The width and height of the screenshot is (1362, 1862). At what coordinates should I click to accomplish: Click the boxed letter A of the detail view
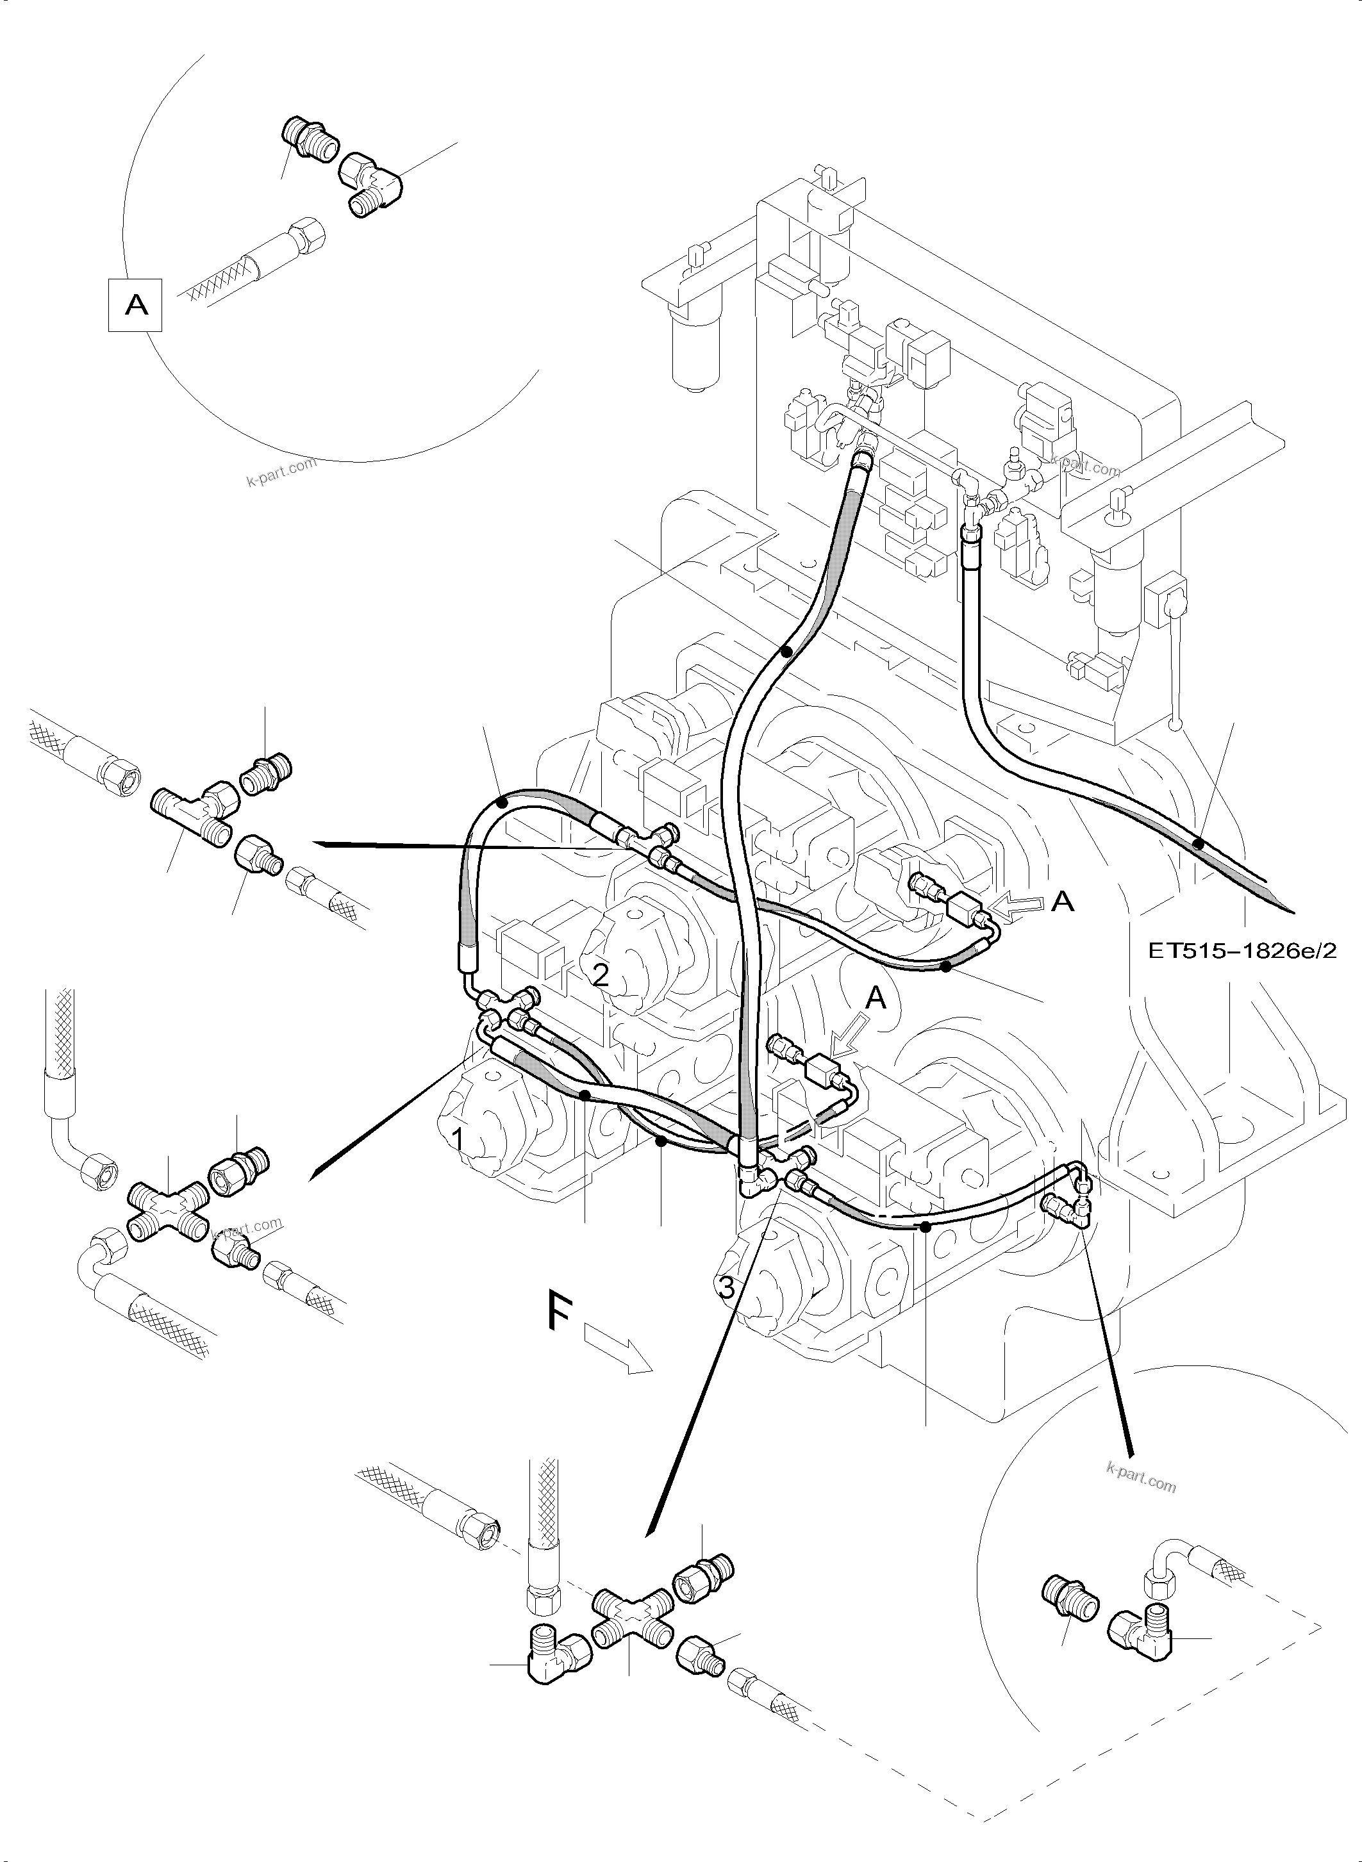coord(135,306)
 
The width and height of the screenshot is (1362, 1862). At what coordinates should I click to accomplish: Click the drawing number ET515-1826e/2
coord(1242,950)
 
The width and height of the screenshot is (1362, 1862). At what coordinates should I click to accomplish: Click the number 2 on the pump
coord(600,976)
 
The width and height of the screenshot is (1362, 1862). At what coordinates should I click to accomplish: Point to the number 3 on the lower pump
coord(726,1287)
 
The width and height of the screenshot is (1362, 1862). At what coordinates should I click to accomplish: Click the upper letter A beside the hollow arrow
coord(1063,903)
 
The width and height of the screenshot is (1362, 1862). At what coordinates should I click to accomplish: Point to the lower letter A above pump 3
coord(876,1000)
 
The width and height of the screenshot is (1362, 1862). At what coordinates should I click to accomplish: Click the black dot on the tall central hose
coord(786,651)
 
